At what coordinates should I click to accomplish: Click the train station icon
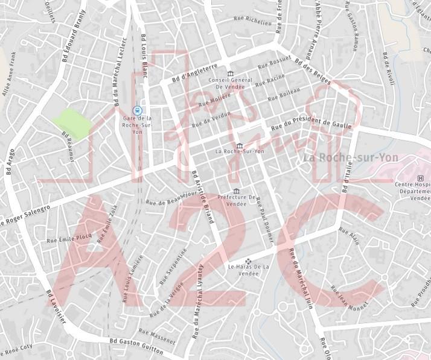(138, 110)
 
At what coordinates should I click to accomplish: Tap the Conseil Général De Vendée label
(229, 83)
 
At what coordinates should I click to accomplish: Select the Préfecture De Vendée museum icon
(236, 191)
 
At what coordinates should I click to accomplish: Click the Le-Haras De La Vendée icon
(247, 261)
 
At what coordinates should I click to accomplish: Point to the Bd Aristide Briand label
(203, 197)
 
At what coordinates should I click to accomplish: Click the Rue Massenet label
(156, 336)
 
